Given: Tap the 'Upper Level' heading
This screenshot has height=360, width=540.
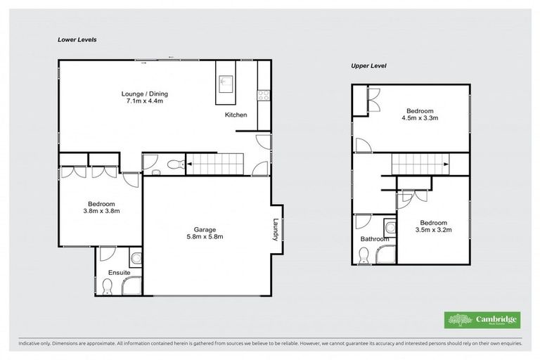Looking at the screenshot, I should pos(369,65).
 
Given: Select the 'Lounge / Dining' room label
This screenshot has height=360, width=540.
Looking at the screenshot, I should pos(145,94).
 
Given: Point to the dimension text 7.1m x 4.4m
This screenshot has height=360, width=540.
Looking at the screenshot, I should pos(145,101).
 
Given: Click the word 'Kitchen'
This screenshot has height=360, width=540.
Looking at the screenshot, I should pos(236,115).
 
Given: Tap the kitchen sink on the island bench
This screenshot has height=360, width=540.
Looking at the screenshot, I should pos(226,81).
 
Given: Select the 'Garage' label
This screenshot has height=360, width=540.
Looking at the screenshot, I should pos(205,229).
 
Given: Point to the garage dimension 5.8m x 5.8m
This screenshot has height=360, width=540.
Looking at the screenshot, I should pos(205,237).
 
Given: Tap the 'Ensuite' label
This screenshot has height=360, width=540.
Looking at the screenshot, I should pos(118,273).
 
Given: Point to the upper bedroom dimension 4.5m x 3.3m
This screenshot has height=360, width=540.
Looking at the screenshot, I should pos(419,118).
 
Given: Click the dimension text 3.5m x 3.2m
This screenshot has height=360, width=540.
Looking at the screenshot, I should pos(433,229).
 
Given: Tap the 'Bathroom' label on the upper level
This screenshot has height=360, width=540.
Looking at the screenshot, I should pos(374,239).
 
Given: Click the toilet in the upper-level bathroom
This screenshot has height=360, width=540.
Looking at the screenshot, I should pos(363,259).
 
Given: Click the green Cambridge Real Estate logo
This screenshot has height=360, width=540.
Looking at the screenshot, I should pos(482,320).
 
